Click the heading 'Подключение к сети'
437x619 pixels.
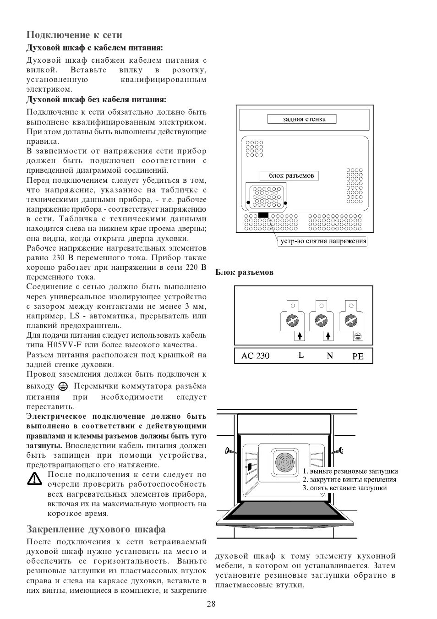(x=74, y=35)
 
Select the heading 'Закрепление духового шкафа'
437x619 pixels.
(x=96, y=530)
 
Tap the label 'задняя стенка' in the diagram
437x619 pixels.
(x=302, y=119)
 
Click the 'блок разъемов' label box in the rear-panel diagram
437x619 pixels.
(x=289, y=175)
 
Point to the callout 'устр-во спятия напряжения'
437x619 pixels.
(x=323, y=241)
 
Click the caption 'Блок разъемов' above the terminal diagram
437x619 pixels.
(x=245, y=272)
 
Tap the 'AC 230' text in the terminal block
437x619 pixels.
(x=255, y=356)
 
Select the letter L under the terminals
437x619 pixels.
(x=301, y=356)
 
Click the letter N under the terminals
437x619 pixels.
(x=329, y=356)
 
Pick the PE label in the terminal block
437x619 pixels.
(x=358, y=356)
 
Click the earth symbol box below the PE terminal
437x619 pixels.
(x=357, y=336)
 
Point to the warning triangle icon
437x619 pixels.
(x=34, y=479)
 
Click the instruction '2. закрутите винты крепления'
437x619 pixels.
(x=349, y=480)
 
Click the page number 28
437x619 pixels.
(x=211, y=604)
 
